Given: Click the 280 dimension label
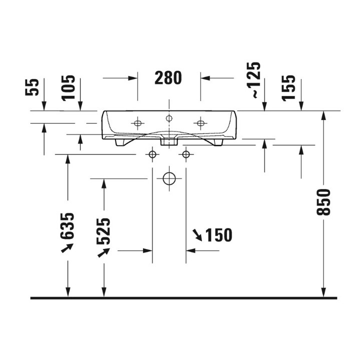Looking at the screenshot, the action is [x=168, y=78].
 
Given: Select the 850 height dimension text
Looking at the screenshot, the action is [x=323, y=202].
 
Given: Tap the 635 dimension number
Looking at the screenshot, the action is [x=67, y=226].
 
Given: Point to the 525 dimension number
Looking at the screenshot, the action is [x=103, y=231].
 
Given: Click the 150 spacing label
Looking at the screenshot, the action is [x=218, y=235].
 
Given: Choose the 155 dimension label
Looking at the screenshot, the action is [x=288, y=88].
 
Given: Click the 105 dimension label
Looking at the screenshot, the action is [x=68, y=88].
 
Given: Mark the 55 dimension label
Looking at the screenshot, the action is [x=32, y=87].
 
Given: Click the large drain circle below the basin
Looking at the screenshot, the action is [x=169, y=178].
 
